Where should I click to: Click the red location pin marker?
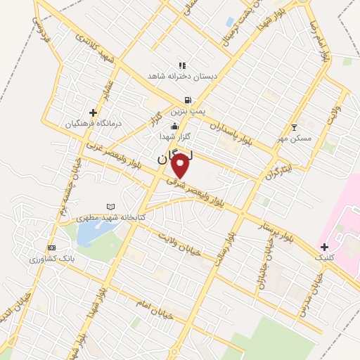(x=180, y=165)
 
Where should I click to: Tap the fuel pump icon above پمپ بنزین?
(x=187, y=101)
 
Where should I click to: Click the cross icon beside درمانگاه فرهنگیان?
(x=93, y=112)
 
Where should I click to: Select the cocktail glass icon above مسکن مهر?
(x=294, y=128)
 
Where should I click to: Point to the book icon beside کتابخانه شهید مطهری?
(x=110, y=206)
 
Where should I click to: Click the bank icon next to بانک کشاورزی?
(x=51, y=248)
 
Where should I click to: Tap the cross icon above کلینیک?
(x=324, y=247)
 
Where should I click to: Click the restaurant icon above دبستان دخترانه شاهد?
(x=183, y=65)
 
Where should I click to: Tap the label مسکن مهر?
(x=295, y=139)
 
